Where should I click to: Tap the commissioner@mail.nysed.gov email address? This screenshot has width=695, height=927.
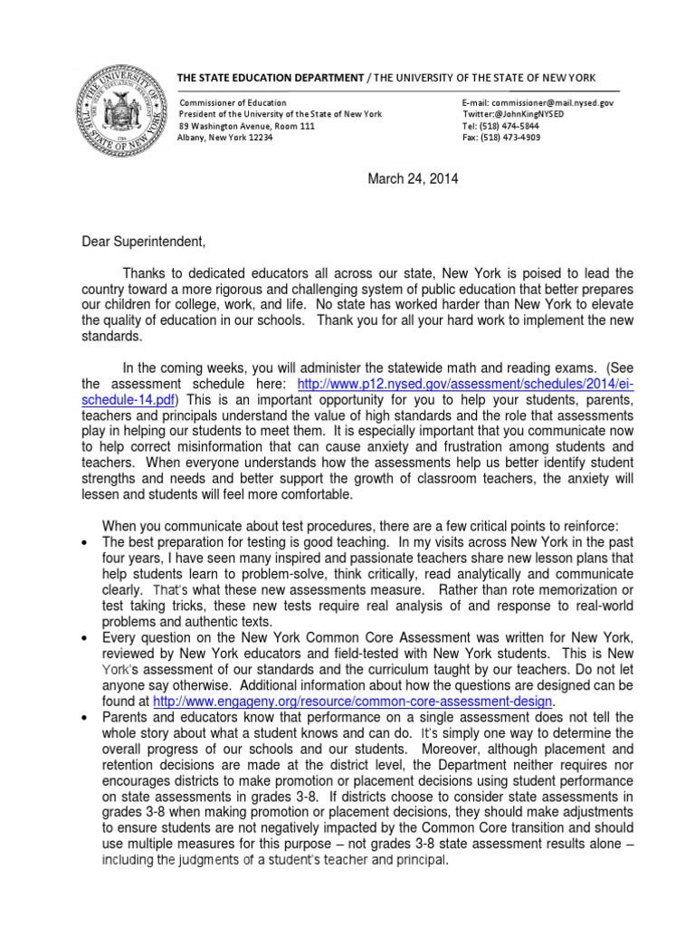pos(538,103)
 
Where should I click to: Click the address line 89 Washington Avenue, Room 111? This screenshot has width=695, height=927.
pos(246,126)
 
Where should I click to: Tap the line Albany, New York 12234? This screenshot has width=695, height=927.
pos(223,138)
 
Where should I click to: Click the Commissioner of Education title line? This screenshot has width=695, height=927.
pos(233,103)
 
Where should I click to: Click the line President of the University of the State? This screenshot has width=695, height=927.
pos(281,114)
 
